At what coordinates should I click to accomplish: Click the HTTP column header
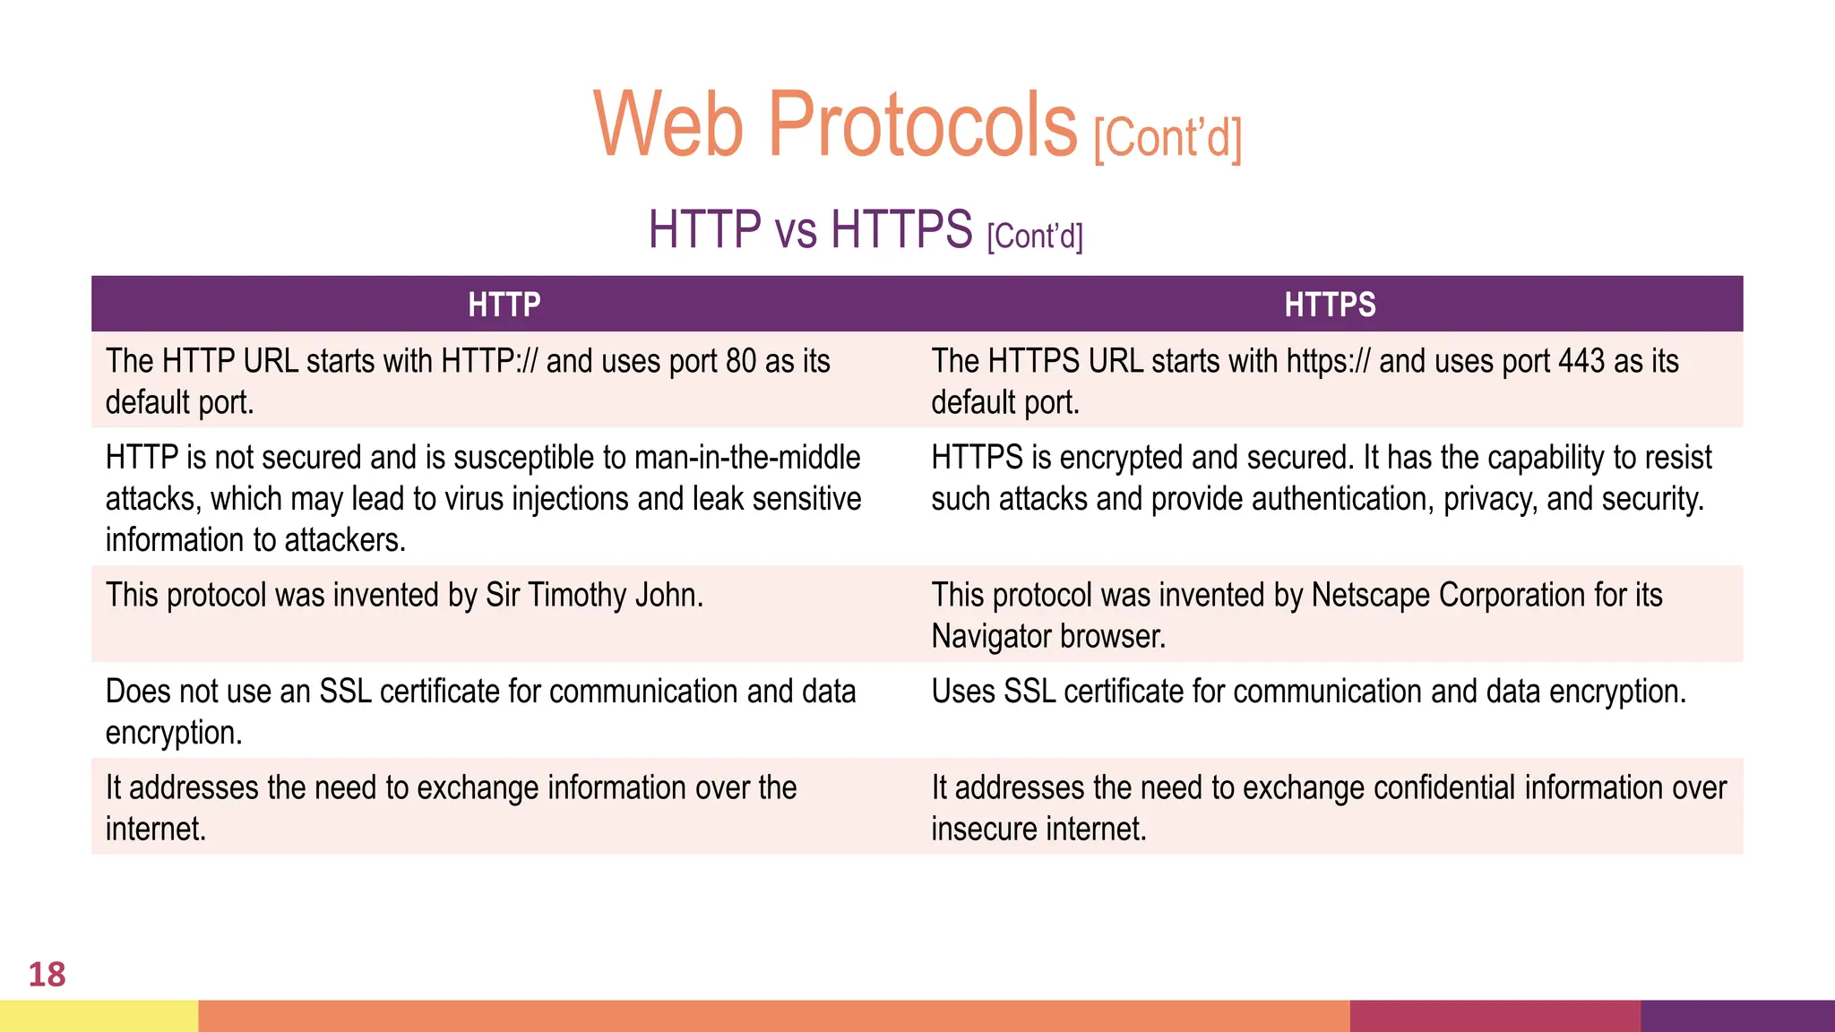(x=504, y=305)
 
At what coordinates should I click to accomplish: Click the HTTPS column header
(x=1330, y=305)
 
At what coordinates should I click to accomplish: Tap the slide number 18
(x=47, y=975)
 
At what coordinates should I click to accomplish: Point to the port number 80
(x=741, y=361)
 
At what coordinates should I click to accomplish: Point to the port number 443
(x=1581, y=361)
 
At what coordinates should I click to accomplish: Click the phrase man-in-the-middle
(x=747, y=458)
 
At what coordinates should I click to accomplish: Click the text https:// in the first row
(x=1329, y=361)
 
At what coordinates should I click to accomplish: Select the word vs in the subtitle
(x=796, y=230)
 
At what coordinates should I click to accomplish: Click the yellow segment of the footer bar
(x=99, y=1016)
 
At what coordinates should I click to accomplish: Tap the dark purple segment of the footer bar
(x=1737, y=1016)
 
